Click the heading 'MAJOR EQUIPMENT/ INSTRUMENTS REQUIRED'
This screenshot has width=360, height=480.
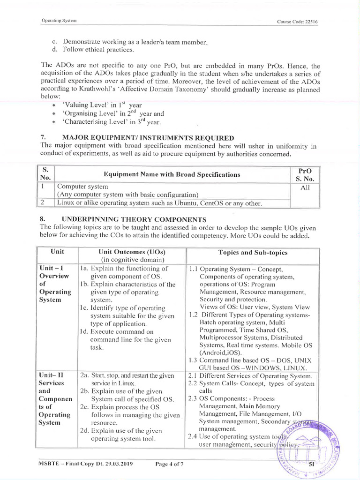pos(148,137)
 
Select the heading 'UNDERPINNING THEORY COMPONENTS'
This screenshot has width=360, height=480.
pos(134,219)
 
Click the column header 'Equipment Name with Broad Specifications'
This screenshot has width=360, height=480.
pos(172,174)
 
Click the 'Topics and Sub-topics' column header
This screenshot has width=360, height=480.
pos(253,252)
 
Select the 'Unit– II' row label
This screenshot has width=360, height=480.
pos(53,375)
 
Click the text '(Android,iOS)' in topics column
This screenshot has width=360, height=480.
pos(221,352)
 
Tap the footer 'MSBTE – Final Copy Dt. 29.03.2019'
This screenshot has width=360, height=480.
pos(86,464)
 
